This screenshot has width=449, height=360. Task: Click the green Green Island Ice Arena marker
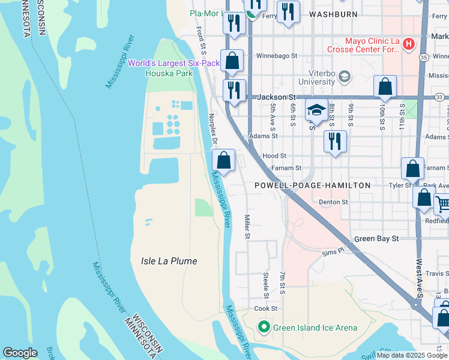[x=263, y=327]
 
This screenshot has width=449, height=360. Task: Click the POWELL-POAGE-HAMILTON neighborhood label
[x=312, y=185]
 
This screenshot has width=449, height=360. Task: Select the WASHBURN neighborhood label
[x=329, y=13]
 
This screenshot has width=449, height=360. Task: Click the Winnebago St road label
[x=277, y=56]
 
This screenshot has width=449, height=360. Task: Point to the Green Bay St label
[x=376, y=238]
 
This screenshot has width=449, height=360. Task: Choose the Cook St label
[x=265, y=308]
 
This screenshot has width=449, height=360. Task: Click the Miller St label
[x=246, y=227]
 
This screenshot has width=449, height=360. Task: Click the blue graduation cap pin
[x=316, y=110]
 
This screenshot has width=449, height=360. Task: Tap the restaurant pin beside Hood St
[x=334, y=142]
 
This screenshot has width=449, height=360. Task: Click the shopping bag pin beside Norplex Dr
[x=223, y=160]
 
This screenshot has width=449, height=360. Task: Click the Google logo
[x=20, y=353]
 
